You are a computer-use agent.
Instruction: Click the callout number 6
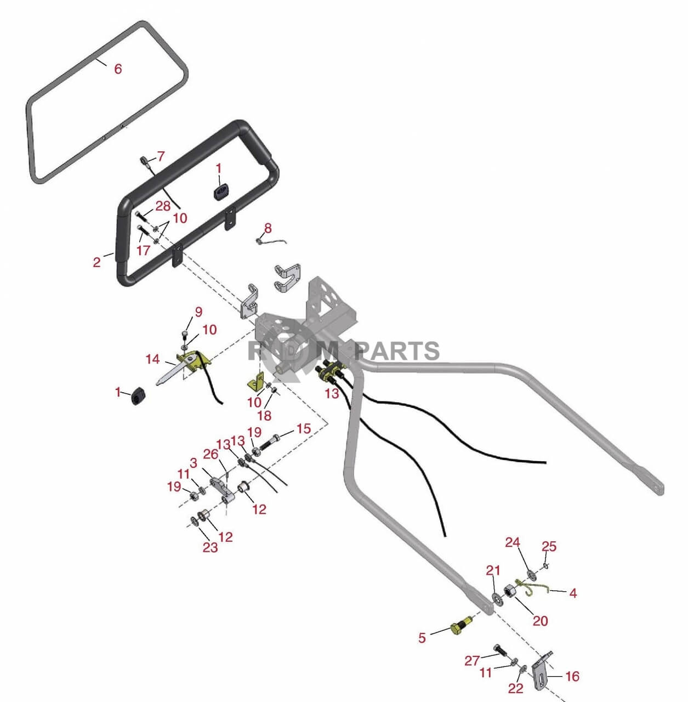pyautogui.click(x=118, y=69)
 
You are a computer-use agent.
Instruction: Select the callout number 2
pyautogui.click(x=97, y=262)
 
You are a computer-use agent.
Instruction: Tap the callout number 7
pyautogui.click(x=161, y=156)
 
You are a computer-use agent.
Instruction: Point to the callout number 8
pyautogui.click(x=268, y=228)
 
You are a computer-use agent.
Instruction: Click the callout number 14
pyautogui.click(x=152, y=359)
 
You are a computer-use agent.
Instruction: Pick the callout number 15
pyautogui.click(x=304, y=428)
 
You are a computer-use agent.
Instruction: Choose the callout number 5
pyautogui.click(x=422, y=638)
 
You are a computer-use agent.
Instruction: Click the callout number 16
pyautogui.click(x=572, y=676)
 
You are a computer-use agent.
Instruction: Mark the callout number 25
pyautogui.click(x=549, y=546)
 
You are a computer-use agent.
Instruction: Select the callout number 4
pyautogui.click(x=573, y=593)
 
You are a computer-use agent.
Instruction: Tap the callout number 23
pyautogui.click(x=210, y=547)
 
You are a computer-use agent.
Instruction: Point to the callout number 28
pyautogui.click(x=163, y=206)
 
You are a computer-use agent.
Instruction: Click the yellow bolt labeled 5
pyautogui.click(x=460, y=627)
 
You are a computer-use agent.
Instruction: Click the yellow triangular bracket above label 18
pyautogui.click(x=256, y=381)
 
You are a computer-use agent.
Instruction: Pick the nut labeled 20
pyautogui.click(x=509, y=591)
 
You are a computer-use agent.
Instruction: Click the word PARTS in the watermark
pyautogui.click(x=397, y=351)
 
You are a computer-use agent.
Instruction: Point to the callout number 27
pyautogui.click(x=472, y=661)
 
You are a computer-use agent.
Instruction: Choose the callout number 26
pyautogui.click(x=211, y=455)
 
